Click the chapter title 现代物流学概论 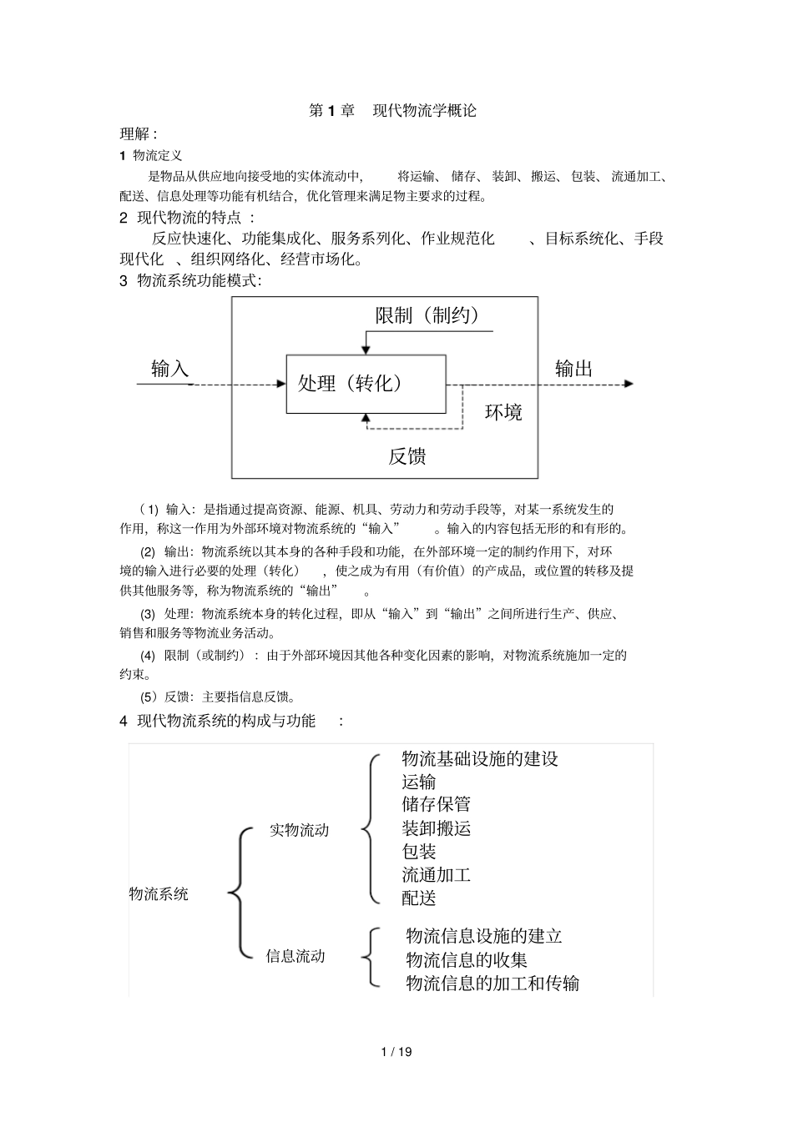tap(424, 110)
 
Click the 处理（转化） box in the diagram tap(366, 384)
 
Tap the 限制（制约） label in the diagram tap(427, 315)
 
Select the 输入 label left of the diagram tap(169, 369)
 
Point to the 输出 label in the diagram tap(573, 369)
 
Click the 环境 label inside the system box tap(503, 412)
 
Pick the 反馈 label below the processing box tap(407, 456)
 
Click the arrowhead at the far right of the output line tap(629, 384)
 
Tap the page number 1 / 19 tap(396, 1051)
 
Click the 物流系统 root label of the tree tap(159, 894)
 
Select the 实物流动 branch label tap(299, 830)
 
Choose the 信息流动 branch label tap(295, 956)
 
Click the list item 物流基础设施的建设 tap(480, 758)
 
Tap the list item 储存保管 tap(436, 804)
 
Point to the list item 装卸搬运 tap(436, 828)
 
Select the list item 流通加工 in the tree tap(436, 875)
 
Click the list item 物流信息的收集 tap(467, 960)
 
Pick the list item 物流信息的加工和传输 tap(492, 984)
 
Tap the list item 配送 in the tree tap(419, 898)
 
